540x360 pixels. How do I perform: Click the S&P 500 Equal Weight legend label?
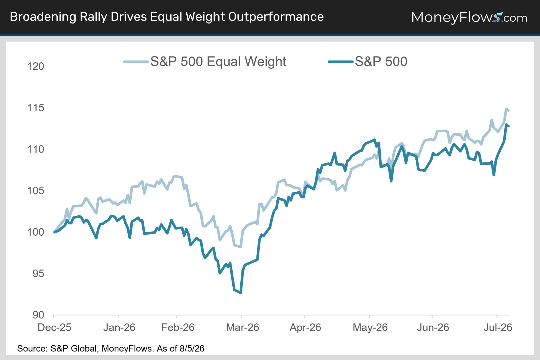click(218, 61)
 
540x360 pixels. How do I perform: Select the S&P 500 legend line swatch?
click(341, 62)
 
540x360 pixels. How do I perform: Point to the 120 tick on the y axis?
click(35, 66)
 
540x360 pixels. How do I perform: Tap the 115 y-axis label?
click(35, 108)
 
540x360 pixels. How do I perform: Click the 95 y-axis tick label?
click(38, 274)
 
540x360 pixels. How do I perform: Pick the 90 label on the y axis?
click(38, 315)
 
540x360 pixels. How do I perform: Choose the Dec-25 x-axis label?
click(54, 327)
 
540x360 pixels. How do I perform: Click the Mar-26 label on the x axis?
click(242, 327)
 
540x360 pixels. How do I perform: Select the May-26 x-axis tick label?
click(370, 327)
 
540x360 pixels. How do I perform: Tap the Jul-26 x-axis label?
click(498, 327)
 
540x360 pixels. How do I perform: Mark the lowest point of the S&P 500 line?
click(241, 293)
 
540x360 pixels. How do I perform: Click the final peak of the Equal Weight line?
click(506, 109)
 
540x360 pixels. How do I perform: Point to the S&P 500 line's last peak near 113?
click(506, 125)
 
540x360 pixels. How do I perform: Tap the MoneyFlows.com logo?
click(469, 17)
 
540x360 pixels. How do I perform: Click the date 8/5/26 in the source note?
click(192, 348)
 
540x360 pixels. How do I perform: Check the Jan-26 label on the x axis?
click(119, 327)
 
